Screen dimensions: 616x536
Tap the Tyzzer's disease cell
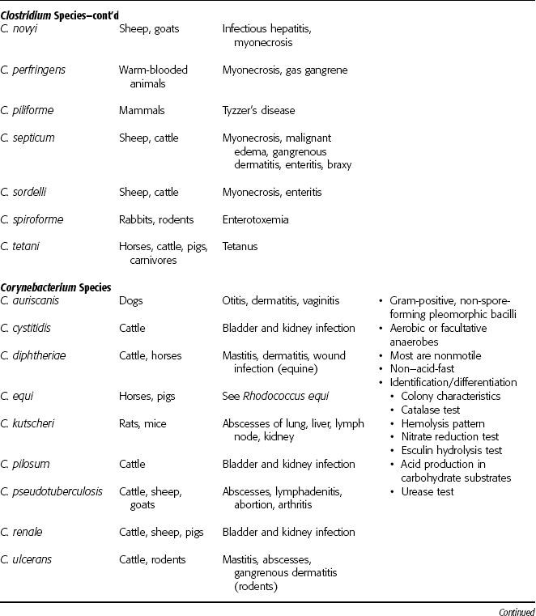pos(258,110)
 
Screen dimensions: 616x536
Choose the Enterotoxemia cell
pos(257,219)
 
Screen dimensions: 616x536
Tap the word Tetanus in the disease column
pos(240,247)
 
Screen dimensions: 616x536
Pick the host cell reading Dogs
pos(130,300)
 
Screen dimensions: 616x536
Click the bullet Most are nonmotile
pos(431,355)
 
